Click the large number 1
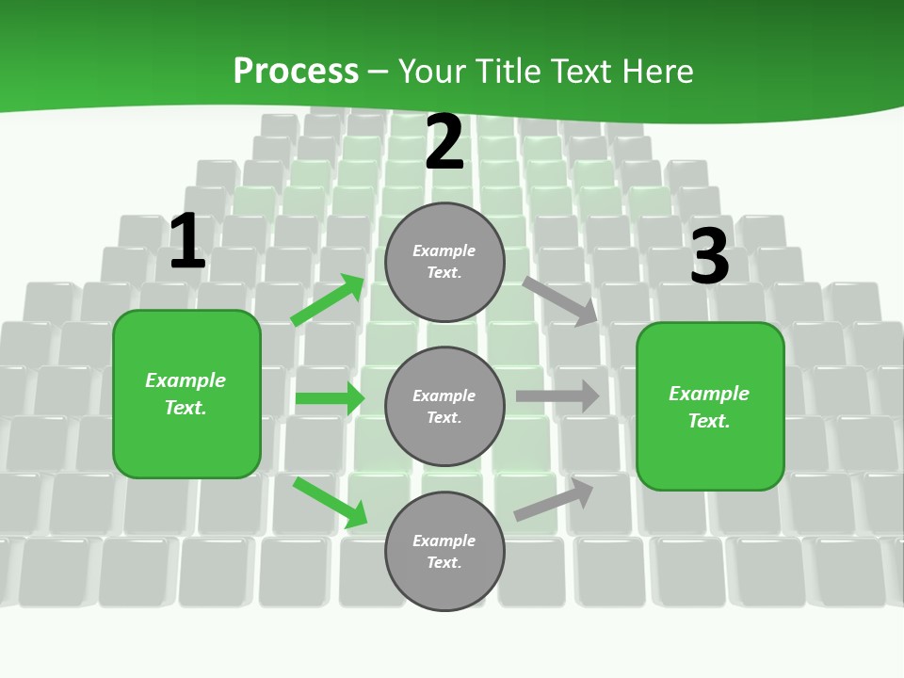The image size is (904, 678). (x=187, y=242)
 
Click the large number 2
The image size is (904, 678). (x=444, y=142)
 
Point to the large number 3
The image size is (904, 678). (x=710, y=256)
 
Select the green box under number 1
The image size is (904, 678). (x=186, y=394)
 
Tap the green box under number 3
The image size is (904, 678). (x=710, y=407)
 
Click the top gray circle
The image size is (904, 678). (x=444, y=262)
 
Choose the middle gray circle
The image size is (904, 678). (x=444, y=407)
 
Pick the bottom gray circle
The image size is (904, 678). (x=444, y=552)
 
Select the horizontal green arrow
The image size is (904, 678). (x=330, y=398)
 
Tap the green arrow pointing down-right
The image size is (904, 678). (x=330, y=502)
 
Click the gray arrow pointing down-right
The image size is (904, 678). (x=560, y=300)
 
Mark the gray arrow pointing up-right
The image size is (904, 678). (x=554, y=500)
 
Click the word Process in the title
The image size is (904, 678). (x=296, y=71)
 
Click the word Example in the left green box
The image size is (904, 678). (x=186, y=380)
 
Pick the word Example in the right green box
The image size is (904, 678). (x=709, y=394)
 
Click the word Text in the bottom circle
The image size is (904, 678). (x=443, y=563)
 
